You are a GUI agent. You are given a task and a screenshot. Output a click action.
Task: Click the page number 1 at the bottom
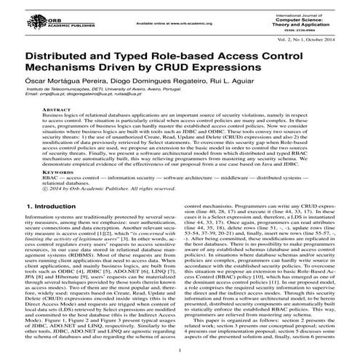point(180,348)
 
